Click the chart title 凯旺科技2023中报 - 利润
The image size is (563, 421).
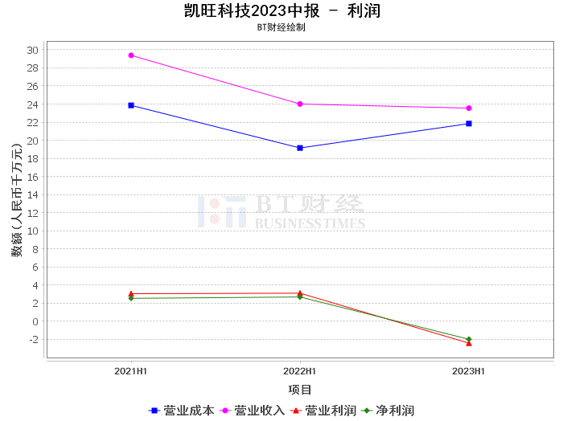(281, 11)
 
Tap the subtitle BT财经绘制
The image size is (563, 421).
(281, 27)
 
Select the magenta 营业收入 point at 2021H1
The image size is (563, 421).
(131, 55)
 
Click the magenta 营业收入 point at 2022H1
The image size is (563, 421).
(300, 104)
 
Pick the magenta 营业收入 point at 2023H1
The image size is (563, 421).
(469, 108)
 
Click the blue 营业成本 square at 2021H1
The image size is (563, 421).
(131, 105)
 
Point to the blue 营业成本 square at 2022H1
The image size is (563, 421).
(300, 148)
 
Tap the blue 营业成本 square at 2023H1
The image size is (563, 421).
(469, 124)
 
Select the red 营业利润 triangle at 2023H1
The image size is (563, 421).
(469, 343)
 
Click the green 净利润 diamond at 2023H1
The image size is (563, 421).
(469, 339)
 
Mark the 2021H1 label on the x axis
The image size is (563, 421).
(131, 371)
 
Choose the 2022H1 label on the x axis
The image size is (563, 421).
(300, 371)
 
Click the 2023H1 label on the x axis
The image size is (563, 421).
(469, 371)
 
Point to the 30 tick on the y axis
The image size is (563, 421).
(32, 50)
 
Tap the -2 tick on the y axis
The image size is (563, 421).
(32, 339)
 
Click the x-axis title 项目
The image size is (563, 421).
(300, 390)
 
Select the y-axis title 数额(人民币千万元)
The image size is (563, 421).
(17, 200)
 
